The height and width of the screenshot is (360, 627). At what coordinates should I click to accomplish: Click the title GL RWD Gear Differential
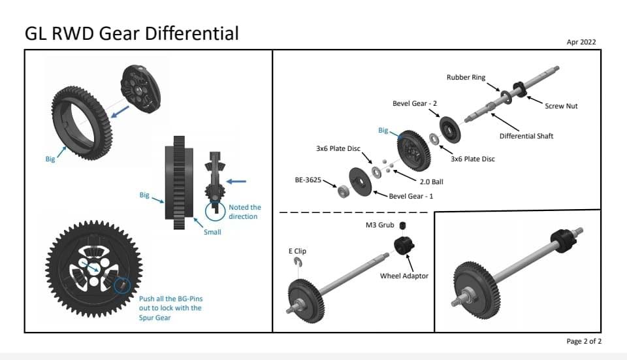131,33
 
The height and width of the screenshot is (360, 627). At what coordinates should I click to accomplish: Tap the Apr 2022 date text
581,42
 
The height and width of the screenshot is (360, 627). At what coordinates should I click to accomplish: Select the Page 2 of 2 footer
584,341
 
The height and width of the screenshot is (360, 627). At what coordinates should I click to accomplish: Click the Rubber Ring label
466,77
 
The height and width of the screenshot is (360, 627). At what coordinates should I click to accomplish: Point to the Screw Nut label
560,106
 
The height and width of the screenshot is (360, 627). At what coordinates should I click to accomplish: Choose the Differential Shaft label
526,136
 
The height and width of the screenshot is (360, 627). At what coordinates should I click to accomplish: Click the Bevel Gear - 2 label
414,103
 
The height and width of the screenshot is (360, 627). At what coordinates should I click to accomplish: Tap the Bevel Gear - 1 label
411,196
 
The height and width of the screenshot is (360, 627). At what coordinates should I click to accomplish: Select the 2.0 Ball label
432,181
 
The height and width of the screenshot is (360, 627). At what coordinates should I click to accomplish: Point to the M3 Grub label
379,225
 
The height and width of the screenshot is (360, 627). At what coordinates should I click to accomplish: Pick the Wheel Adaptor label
404,276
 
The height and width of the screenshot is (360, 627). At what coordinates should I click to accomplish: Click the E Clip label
297,251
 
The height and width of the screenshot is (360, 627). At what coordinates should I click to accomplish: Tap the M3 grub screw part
403,226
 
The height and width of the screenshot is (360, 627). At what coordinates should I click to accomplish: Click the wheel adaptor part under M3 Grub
404,248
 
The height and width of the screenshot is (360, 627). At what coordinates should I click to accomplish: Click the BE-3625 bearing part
342,191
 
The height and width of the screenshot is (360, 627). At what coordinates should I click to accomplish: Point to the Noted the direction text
244,212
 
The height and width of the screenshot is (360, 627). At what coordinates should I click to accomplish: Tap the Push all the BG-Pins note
170,308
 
